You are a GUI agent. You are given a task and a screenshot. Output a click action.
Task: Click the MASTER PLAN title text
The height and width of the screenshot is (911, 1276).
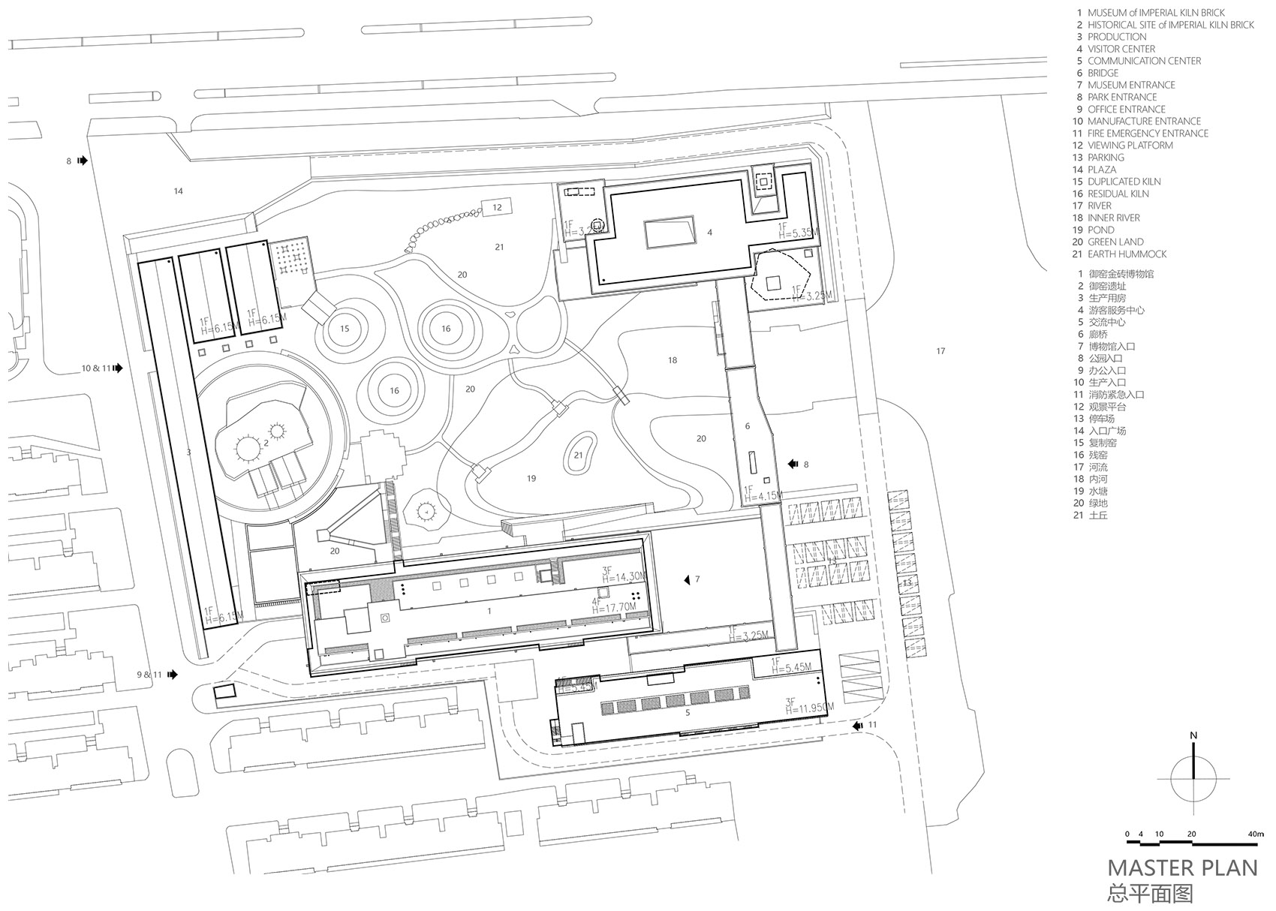[1182, 867]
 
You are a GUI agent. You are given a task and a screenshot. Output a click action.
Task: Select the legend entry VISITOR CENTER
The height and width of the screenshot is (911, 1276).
[1121, 49]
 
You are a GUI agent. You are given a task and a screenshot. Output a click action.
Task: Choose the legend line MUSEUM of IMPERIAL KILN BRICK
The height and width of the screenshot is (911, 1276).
[1155, 13]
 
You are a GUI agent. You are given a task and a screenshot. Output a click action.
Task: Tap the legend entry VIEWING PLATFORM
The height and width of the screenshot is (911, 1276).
[1130, 145]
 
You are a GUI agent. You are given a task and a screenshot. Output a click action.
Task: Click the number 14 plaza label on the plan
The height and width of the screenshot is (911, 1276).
[179, 191]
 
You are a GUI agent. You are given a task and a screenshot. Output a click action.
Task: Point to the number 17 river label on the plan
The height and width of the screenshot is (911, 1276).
[941, 351]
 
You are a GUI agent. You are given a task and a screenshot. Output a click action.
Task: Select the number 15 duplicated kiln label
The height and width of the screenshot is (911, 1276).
[345, 329]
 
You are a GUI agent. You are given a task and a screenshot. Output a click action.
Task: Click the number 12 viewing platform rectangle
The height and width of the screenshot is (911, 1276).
[497, 207]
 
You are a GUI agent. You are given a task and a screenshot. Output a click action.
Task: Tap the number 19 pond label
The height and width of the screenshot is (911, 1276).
[531, 478]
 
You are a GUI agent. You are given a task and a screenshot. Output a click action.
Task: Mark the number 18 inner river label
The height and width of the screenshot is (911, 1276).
[673, 360]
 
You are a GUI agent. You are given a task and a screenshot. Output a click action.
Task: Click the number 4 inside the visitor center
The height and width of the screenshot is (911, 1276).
[709, 233]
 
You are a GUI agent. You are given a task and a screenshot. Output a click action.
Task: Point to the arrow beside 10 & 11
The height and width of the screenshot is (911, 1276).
[119, 368]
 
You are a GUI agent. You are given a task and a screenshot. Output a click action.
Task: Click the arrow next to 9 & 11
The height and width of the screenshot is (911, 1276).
[173, 675]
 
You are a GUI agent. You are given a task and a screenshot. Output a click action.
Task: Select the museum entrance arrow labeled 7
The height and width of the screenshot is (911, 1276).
[685, 579]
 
